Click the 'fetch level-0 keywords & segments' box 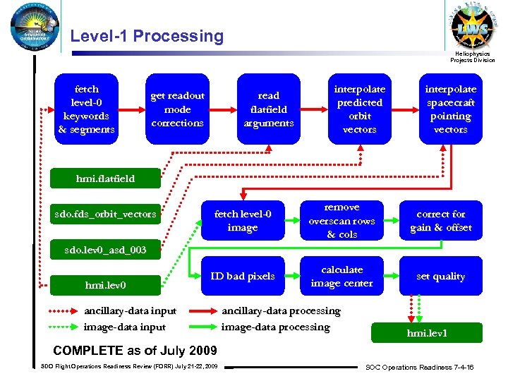click(87, 109)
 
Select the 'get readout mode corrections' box click(177, 109)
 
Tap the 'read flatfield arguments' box click(268, 109)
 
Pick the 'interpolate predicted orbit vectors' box click(360, 109)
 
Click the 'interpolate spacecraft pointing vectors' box click(450, 109)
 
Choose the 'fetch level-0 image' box click(242, 221)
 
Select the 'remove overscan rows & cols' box click(341, 221)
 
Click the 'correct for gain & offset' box click(440, 221)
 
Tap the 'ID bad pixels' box click(242, 277)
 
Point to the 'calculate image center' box click(341, 277)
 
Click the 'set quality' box click(440, 277)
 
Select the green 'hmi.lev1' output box click(427, 333)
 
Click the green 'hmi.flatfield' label click(106, 179)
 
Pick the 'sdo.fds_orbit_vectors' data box click(106, 214)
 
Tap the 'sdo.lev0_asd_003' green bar click(106, 250)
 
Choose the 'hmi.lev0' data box click(106, 285)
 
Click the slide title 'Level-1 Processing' click(147, 36)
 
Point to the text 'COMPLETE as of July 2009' click(135, 351)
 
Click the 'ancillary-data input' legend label click(130, 311)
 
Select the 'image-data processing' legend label click(275, 327)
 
